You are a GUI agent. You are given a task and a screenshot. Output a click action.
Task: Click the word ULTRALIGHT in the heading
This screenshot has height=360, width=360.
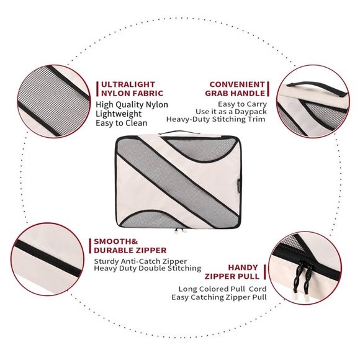[128, 84]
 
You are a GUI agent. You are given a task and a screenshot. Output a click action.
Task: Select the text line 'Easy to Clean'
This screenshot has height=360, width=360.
[122, 123]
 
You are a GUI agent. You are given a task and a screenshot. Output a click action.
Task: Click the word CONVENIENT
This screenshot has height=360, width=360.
[237, 84]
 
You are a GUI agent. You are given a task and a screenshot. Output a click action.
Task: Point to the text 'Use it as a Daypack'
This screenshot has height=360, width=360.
[231, 112]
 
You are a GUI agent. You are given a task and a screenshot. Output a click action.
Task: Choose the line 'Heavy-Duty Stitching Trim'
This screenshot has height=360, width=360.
[215, 119]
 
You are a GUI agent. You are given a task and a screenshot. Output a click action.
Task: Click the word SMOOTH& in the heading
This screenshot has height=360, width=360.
[116, 241]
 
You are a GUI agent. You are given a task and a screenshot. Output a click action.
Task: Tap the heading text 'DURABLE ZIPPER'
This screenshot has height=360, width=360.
[130, 250]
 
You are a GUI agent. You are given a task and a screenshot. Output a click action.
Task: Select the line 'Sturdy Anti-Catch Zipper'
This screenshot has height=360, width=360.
[140, 261]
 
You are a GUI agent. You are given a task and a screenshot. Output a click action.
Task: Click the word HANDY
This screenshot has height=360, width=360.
[243, 268]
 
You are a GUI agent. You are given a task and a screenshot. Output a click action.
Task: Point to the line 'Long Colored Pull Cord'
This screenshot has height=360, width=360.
[222, 289]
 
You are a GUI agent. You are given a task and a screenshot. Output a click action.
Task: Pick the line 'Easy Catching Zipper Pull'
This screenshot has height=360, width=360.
[219, 297]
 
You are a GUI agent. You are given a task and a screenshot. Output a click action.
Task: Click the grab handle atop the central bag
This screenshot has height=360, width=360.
[179, 132]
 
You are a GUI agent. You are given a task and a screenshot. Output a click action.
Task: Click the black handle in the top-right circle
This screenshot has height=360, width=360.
[318, 88]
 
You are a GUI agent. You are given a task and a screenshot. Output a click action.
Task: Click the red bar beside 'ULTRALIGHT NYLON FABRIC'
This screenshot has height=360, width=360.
[97, 89]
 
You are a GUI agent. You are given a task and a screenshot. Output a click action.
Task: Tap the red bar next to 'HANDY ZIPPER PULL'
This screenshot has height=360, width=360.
[265, 272]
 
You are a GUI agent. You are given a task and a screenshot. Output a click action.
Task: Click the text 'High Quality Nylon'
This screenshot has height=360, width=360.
[132, 105]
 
